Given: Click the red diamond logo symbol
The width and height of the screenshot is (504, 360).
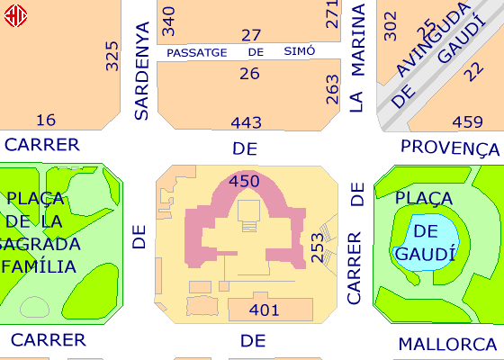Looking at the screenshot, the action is [x=15, y=15].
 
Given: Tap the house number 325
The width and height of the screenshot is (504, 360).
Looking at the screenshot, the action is [x=112, y=56].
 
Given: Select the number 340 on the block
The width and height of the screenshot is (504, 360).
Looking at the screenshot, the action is [x=168, y=22].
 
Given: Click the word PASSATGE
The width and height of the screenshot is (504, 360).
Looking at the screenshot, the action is [x=197, y=53].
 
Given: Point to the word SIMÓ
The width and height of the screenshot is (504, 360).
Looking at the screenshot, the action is [x=300, y=51].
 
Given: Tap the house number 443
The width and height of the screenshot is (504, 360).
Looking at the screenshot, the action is [x=247, y=122].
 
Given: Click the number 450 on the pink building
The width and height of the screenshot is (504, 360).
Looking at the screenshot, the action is [x=244, y=181].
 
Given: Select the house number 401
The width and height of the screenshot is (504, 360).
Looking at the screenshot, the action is [x=264, y=310].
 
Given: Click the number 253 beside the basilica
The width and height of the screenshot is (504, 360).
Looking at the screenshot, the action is [x=317, y=247].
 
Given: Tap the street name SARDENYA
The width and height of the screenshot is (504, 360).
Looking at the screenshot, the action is [x=142, y=71].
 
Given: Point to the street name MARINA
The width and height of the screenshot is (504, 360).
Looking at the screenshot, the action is [x=358, y=40].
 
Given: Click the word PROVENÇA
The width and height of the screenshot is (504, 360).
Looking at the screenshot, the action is [x=450, y=148].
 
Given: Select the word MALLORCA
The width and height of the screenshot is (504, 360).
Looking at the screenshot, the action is [x=448, y=344].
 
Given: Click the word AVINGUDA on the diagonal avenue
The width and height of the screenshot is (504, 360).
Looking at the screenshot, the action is [x=432, y=40].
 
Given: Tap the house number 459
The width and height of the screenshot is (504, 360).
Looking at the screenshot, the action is [x=467, y=122].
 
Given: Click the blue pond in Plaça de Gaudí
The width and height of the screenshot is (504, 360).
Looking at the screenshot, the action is [x=426, y=243].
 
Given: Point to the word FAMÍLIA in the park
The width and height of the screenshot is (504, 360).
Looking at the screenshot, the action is [x=39, y=266].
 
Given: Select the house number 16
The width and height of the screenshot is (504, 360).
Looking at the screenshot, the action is [x=46, y=121].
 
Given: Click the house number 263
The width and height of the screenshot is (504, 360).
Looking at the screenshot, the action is [x=332, y=89].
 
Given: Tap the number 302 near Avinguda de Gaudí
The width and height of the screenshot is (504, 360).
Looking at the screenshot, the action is [x=391, y=26].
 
